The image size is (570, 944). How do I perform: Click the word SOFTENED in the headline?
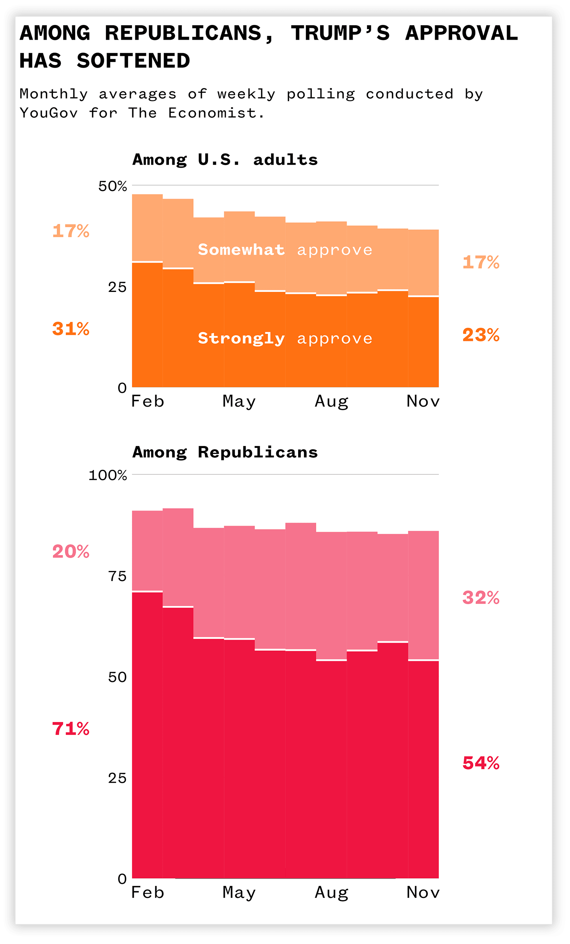pyautogui.click(x=133, y=61)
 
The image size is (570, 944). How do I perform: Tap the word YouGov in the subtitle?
pyautogui.click(x=49, y=113)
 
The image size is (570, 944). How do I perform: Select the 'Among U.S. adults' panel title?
pyautogui.click(x=225, y=159)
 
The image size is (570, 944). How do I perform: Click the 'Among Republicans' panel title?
pyautogui.click(x=225, y=452)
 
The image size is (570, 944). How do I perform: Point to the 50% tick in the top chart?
pyautogui.click(x=112, y=186)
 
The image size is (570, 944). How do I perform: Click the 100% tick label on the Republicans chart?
pyautogui.click(x=107, y=475)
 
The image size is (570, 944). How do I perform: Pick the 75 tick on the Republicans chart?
pyautogui.click(x=117, y=576)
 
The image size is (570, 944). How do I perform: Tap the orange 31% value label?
pyautogui.click(x=71, y=329)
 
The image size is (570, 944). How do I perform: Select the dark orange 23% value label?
pyautogui.click(x=481, y=335)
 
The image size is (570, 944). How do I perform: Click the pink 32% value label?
pyautogui.click(x=481, y=597)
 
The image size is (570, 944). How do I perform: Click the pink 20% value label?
pyautogui.click(x=71, y=551)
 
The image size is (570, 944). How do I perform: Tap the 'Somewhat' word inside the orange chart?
pyautogui.click(x=241, y=250)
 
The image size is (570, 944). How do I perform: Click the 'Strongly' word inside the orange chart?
pyautogui.click(x=241, y=338)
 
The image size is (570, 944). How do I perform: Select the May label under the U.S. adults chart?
pyautogui.click(x=239, y=401)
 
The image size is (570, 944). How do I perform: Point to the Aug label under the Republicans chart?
pyautogui.click(x=331, y=893)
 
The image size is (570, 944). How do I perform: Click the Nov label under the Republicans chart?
pyautogui.click(x=423, y=893)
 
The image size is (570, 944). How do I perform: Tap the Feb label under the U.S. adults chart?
pyautogui.click(x=147, y=401)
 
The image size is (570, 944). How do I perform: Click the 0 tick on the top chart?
pyautogui.click(x=122, y=388)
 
